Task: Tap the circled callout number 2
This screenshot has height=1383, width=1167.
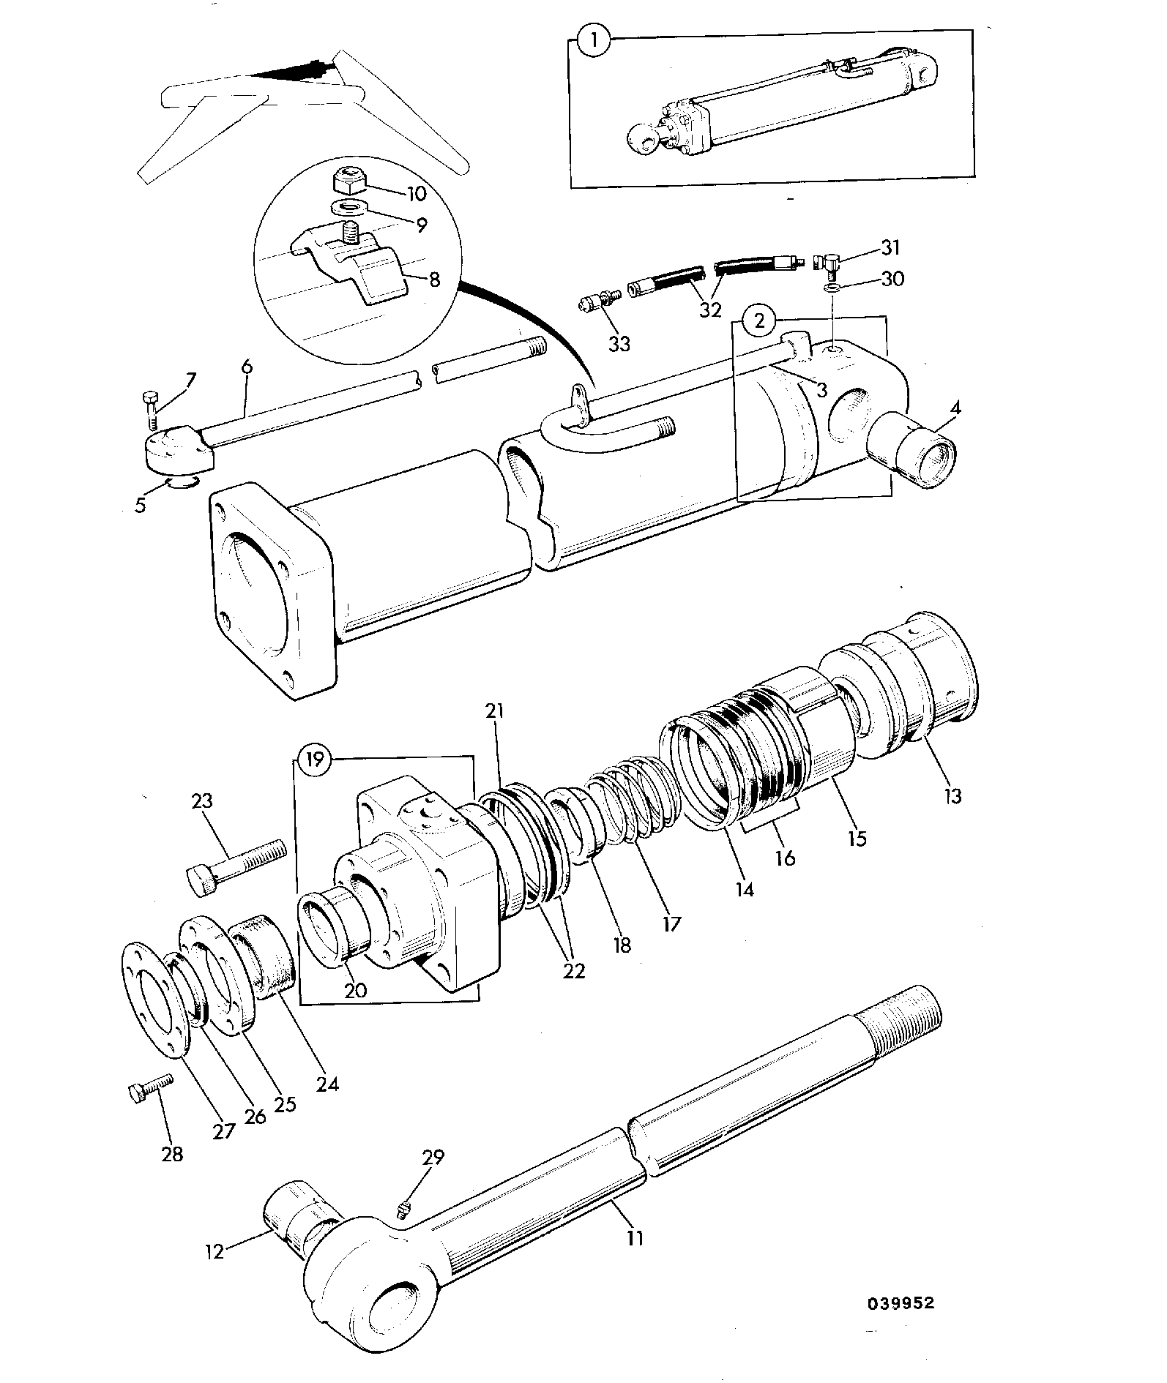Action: tap(760, 320)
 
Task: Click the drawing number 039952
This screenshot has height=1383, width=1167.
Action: tap(902, 1302)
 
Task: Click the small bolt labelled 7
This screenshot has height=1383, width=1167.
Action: tap(152, 409)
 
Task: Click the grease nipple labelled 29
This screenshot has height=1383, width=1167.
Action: tap(404, 1211)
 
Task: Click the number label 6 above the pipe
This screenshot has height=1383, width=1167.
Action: tap(247, 366)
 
